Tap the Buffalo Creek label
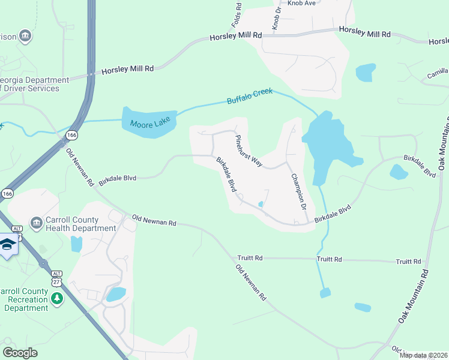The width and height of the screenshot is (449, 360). (x=249, y=96)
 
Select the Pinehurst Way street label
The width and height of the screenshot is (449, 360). (x=249, y=151)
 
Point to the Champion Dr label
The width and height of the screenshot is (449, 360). (x=298, y=191)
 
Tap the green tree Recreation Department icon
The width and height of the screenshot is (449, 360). (x=57, y=299)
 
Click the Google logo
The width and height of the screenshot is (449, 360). (x=20, y=353)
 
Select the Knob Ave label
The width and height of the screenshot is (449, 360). (x=301, y=3)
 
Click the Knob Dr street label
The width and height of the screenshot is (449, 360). (x=276, y=20)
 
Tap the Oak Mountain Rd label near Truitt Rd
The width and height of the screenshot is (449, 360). (x=414, y=297)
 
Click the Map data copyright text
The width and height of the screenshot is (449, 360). (x=424, y=355)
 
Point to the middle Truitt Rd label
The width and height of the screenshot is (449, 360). (x=329, y=259)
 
